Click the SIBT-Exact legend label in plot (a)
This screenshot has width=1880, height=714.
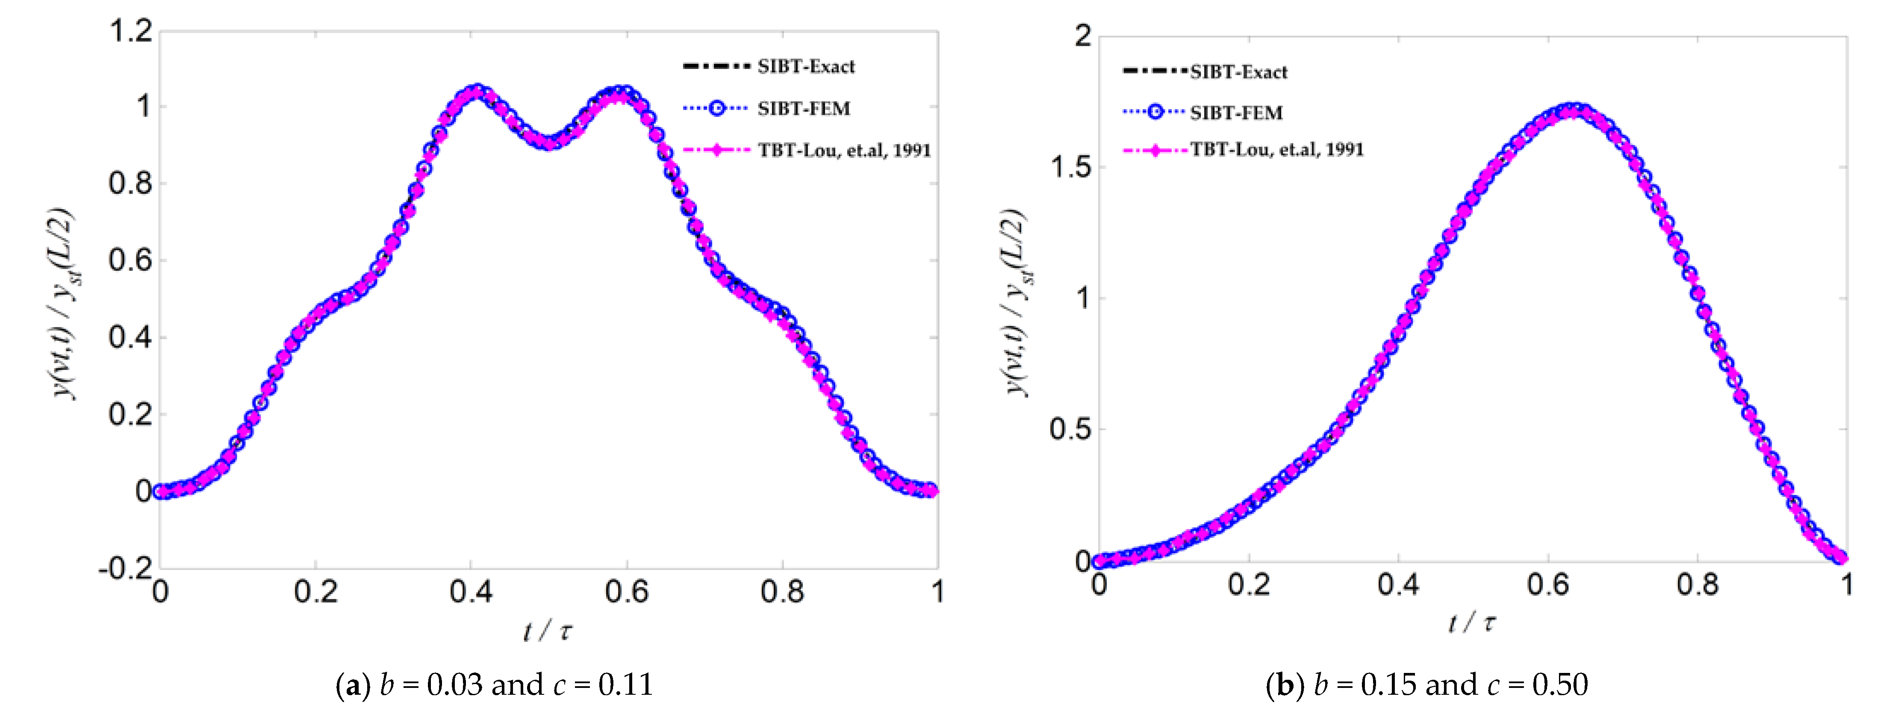(x=806, y=66)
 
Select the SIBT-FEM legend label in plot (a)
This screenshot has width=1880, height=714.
(x=804, y=109)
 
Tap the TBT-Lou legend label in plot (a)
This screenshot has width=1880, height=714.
(x=844, y=151)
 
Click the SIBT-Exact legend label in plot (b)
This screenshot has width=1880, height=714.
(x=1238, y=72)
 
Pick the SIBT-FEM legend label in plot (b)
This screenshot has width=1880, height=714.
(x=1236, y=113)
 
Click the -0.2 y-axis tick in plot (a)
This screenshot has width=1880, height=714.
(x=126, y=567)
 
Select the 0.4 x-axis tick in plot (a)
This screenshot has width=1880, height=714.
(x=471, y=591)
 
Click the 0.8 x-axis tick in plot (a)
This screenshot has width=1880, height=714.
(x=782, y=591)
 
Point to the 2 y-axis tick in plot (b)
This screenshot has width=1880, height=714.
(x=1083, y=35)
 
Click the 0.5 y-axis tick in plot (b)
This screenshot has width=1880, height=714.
(x=1071, y=429)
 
